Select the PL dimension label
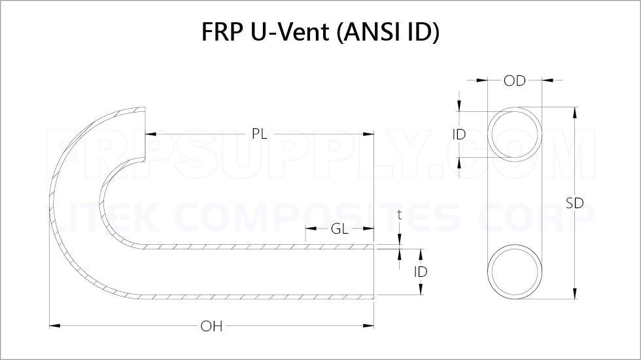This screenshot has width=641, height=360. pyautogui.click(x=259, y=134)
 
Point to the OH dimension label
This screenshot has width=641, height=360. pyautogui.click(x=211, y=325)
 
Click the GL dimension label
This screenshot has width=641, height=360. pyautogui.click(x=339, y=229)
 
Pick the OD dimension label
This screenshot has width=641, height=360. pyautogui.click(x=515, y=81)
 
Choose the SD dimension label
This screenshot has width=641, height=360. pyautogui.click(x=574, y=203)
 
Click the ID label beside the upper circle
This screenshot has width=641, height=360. pyautogui.click(x=459, y=134)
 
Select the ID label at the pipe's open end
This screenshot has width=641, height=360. pyautogui.click(x=421, y=271)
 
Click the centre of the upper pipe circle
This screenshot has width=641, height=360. pyautogui.click(x=515, y=134)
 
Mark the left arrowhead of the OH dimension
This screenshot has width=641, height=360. pyautogui.click(x=53, y=325)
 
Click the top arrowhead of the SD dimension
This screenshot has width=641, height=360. pyautogui.click(x=574, y=110)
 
